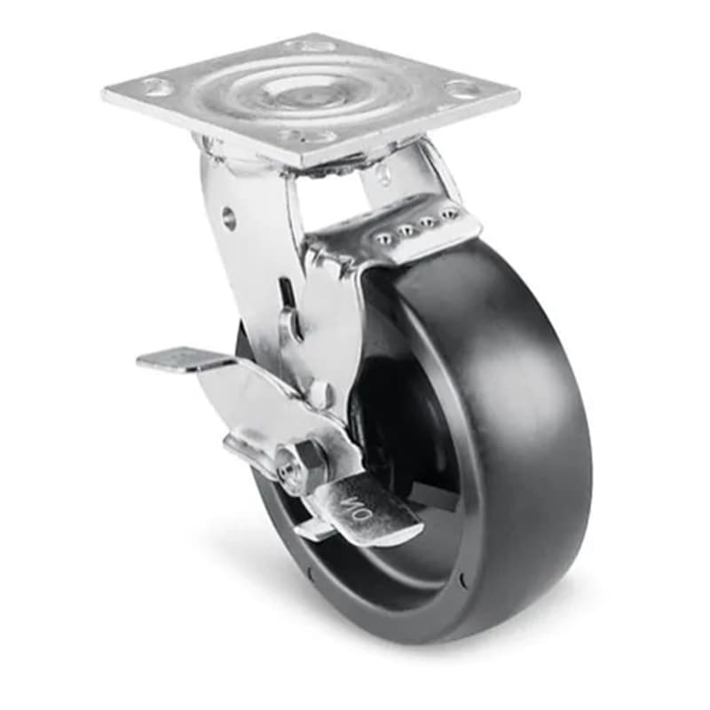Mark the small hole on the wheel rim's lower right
(461, 581)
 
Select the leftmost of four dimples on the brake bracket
(383, 239)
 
